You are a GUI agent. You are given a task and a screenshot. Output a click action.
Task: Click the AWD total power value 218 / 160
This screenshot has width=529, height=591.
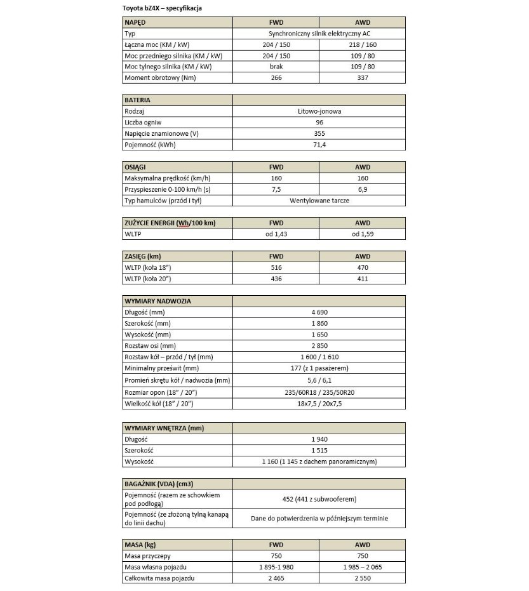(x=362, y=44)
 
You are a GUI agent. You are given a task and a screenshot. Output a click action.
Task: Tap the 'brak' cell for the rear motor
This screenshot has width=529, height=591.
(x=276, y=67)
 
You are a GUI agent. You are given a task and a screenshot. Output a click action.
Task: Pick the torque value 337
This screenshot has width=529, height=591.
(x=362, y=78)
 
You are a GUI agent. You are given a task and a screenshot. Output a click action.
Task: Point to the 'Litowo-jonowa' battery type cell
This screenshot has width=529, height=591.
(x=319, y=111)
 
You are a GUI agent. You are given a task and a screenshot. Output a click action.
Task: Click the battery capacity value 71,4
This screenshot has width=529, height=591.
(x=319, y=145)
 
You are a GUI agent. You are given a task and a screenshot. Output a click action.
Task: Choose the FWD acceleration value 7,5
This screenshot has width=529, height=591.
(x=276, y=189)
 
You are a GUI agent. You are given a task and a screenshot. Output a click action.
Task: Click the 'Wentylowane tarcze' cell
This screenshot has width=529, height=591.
(x=319, y=201)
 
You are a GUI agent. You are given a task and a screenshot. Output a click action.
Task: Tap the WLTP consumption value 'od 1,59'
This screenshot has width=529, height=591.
(x=362, y=234)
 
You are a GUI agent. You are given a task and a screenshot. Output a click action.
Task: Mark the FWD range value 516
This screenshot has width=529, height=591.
(x=276, y=268)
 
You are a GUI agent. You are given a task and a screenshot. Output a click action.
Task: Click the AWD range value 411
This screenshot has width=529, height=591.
(x=362, y=279)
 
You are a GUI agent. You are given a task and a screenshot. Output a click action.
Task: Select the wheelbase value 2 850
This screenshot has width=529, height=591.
(x=319, y=346)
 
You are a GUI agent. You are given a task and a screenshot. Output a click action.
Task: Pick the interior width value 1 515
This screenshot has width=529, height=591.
(x=319, y=450)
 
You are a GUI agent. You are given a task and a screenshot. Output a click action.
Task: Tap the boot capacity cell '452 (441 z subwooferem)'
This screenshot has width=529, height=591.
(x=319, y=499)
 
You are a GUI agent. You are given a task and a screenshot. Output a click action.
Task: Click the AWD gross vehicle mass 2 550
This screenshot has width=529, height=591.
(x=362, y=578)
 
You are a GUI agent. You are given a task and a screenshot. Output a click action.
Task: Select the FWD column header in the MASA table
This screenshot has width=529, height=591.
(x=276, y=545)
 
